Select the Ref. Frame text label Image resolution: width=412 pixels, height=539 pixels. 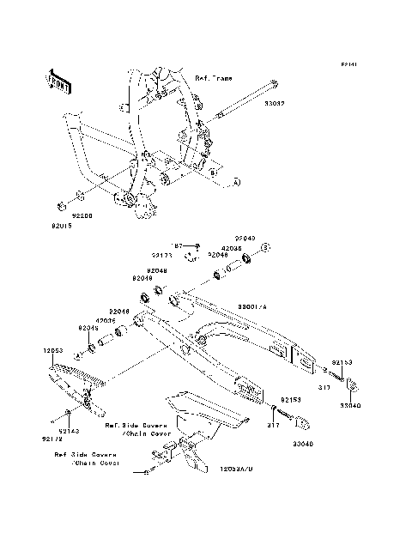pyautogui.click(x=215, y=77)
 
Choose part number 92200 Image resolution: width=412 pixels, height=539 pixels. pyautogui.click(x=83, y=217)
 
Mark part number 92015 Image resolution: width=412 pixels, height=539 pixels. pyautogui.click(x=50, y=229)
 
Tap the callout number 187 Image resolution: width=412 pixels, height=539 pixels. pyautogui.click(x=181, y=245)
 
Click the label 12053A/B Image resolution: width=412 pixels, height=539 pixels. pyautogui.click(x=233, y=470)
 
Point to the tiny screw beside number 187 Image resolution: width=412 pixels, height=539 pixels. pyautogui.click(x=197, y=245)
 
